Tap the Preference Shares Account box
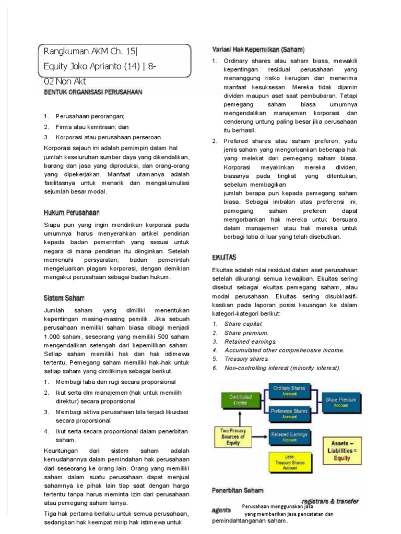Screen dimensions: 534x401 [x=289, y=414]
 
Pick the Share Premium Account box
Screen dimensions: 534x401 [x=340, y=402]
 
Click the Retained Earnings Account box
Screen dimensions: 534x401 [x=289, y=436]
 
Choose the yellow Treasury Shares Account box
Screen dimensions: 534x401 [x=289, y=462]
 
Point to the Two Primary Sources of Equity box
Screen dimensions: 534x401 [x=233, y=436]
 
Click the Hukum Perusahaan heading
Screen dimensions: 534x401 [x=70, y=212]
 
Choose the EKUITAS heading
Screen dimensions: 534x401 [x=224, y=257]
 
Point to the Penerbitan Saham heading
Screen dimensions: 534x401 [x=238, y=491]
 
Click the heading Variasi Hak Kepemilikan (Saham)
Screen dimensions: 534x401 [x=258, y=50]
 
